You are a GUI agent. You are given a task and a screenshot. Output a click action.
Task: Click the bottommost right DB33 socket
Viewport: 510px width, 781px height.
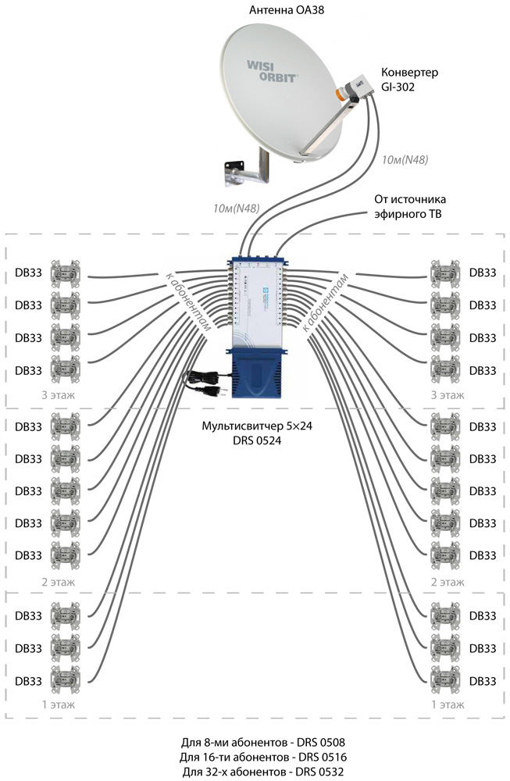tap(445, 679)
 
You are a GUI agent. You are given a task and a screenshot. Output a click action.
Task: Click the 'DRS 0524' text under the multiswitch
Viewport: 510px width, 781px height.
tap(255, 442)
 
